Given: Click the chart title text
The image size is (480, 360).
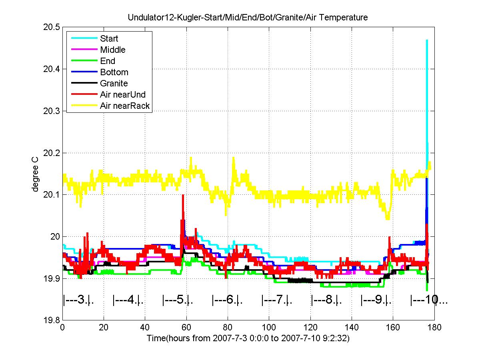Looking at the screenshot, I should click(x=248, y=18).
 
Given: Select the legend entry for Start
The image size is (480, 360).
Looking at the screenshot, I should click(x=109, y=39).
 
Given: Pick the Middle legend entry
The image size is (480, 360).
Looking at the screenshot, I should click(x=113, y=50).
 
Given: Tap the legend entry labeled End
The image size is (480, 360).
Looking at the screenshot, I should click(x=108, y=61).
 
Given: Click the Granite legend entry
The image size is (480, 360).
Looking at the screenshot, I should click(x=114, y=84).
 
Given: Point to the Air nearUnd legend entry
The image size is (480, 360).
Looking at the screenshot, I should click(x=123, y=95).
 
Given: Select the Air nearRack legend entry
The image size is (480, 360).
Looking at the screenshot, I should click(x=125, y=106).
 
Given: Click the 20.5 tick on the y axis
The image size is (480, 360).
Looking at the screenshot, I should click(x=52, y=27).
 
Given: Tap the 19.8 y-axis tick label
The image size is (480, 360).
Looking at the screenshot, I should click(x=52, y=320).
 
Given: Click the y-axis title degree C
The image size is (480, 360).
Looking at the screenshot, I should click(x=36, y=174).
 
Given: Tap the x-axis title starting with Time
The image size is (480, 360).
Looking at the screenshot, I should click(x=248, y=338).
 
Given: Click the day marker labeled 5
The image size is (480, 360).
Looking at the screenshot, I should click(x=178, y=300).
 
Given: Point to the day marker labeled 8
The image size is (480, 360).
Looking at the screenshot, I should click(x=326, y=300).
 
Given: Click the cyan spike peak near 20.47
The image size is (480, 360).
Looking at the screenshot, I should click(x=427, y=40).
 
